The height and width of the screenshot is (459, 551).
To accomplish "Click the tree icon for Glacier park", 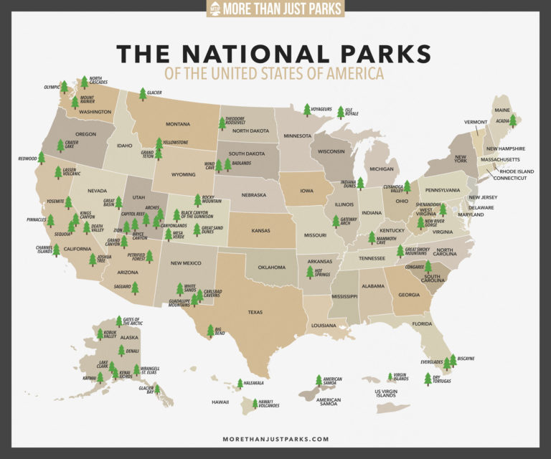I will click(143, 94).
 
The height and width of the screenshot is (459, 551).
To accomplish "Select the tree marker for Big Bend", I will click(210, 331).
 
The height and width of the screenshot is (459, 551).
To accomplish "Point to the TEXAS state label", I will click(255, 312).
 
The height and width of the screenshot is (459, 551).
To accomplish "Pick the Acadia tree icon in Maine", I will click(512, 120).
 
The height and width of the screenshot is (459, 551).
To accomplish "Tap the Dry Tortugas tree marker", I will click(428, 379).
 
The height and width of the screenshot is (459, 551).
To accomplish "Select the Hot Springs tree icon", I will click(310, 272).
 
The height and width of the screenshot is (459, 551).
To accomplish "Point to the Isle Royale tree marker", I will click(340, 111).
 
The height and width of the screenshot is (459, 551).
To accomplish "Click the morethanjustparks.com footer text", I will click(275, 439).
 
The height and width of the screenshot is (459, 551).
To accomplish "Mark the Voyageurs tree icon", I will click(307, 109).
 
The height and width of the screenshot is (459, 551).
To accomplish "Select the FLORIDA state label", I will click(422, 324).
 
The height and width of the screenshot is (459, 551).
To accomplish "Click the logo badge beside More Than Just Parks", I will click(214, 9).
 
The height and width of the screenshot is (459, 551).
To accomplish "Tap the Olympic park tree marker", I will click(64, 87).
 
